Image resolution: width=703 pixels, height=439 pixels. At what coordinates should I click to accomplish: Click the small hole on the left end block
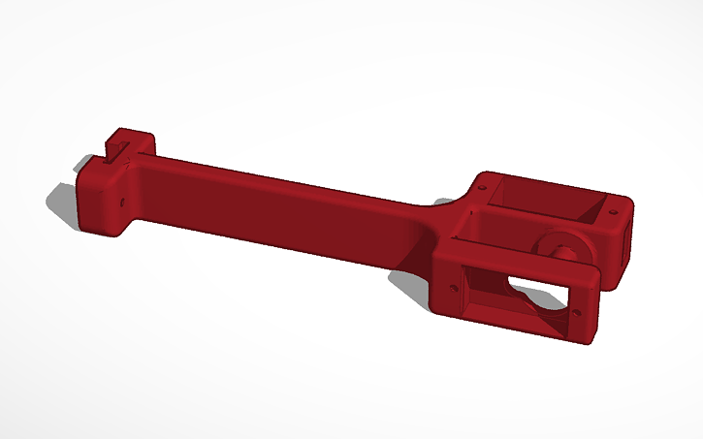122,204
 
